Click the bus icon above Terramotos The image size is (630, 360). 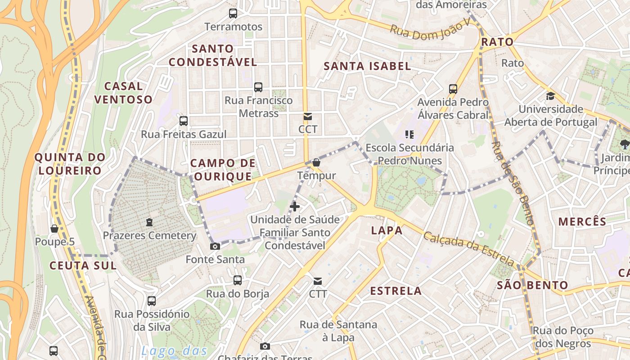pyautogui.click(x=233, y=13)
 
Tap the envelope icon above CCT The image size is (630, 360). pyautogui.click(x=308, y=117)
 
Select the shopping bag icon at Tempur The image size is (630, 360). pyautogui.click(x=316, y=162)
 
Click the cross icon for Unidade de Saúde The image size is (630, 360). pyautogui.click(x=295, y=207)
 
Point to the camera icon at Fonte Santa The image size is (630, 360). pyautogui.click(x=215, y=246)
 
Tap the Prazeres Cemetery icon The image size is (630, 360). pyautogui.click(x=149, y=222)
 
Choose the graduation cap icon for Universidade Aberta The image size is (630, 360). pyautogui.click(x=550, y=96)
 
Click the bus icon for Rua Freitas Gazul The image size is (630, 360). pyautogui.click(x=183, y=121)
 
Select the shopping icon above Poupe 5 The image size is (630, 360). pyautogui.click(x=54, y=229)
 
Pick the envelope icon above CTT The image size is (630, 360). pyautogui.click(x=318, y=281)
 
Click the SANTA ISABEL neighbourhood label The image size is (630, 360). pyautogui.click(x=367, y=66)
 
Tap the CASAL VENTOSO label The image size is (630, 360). pyautogui.click(x=123, y=92)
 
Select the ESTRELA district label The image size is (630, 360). pyautogui.click(x=396, y=291)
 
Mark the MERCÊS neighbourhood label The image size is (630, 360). pyautogui.click(x=582, y=221)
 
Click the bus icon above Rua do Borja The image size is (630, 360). pyautogui.click(x=238, y=280)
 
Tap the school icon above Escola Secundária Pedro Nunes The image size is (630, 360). pyautogui.click(x=409, y=134)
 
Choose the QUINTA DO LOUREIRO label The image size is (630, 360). pyautogui.click(x=70, y=164)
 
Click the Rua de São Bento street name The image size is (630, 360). pyautogui.click(x=513, y=183)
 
